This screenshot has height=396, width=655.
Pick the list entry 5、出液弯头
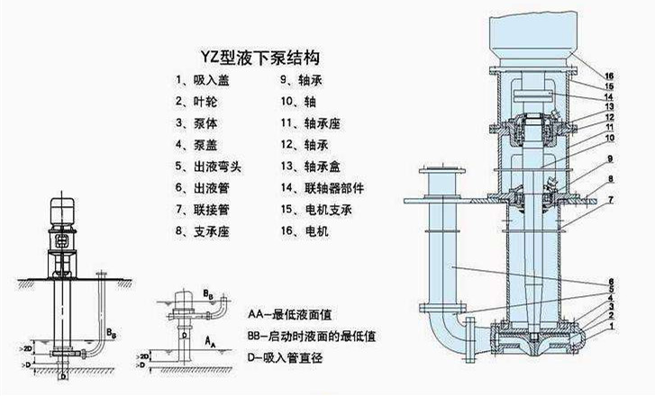click(208, 166)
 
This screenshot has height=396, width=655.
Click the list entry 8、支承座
click(203, 231)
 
